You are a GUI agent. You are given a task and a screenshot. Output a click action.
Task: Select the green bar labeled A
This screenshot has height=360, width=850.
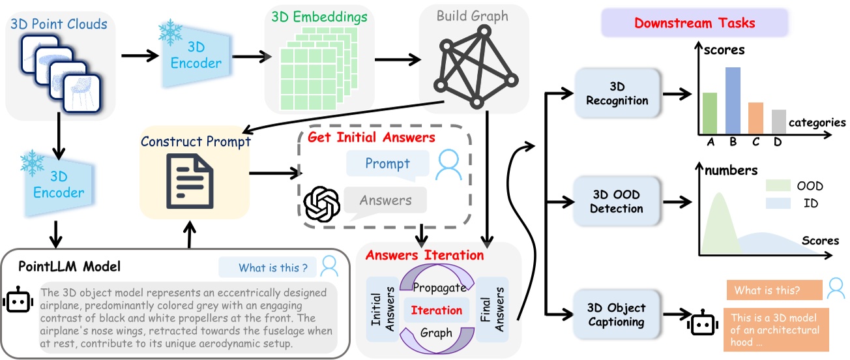pos(710,112)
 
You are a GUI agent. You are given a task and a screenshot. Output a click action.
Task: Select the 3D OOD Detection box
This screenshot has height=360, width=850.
pos(617,202)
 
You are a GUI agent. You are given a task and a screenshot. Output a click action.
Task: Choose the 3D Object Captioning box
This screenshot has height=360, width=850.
pos(617,314)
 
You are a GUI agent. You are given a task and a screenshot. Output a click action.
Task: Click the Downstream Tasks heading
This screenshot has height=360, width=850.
pos(694,23)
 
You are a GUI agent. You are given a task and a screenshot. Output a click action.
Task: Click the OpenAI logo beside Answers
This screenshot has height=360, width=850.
pos(321,203)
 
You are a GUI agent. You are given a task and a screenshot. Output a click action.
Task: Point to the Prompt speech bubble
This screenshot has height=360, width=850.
pos(388,162)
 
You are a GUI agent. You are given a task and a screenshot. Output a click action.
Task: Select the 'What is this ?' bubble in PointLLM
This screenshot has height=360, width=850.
pos(269,267)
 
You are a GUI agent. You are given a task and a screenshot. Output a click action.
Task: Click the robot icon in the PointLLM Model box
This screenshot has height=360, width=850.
pos(18,301)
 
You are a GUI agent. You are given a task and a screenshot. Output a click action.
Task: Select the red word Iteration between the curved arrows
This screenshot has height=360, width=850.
pos(436,310)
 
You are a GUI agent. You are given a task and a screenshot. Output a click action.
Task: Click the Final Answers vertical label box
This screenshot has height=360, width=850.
pos(492,309)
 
